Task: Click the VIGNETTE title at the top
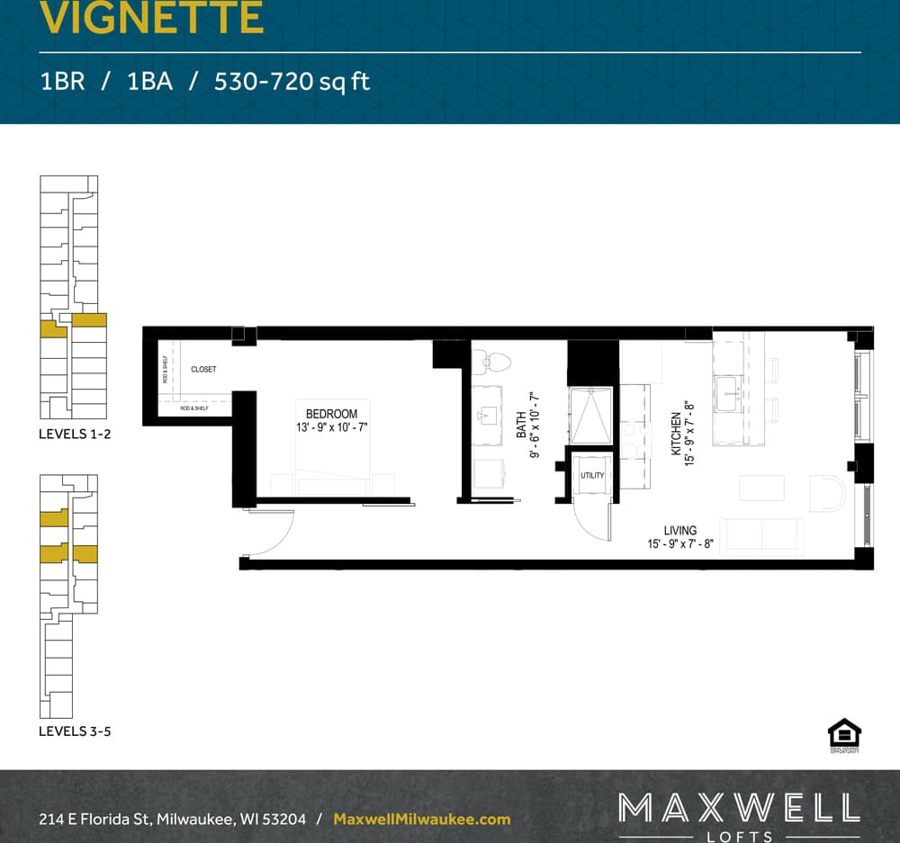pos(151,18)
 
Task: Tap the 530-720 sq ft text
pos(292,82)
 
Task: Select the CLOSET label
pos(203,370)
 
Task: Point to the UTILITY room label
pos(592,475)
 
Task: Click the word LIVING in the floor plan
pos(680,531)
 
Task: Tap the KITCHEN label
pos(677,433)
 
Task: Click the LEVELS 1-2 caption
pos(74,434)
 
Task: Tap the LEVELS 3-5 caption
pos(74,731)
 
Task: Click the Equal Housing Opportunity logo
pos(843,734)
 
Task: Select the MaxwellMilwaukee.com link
pos(421,820)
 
